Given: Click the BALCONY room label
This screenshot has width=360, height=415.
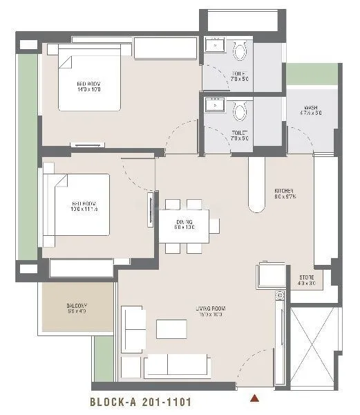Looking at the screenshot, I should [77, 308].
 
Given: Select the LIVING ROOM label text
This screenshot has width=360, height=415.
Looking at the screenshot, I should [209, 312].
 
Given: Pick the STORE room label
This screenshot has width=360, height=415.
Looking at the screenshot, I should [307, 279].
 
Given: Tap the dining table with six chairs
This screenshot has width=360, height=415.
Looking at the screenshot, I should [184, 225].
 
